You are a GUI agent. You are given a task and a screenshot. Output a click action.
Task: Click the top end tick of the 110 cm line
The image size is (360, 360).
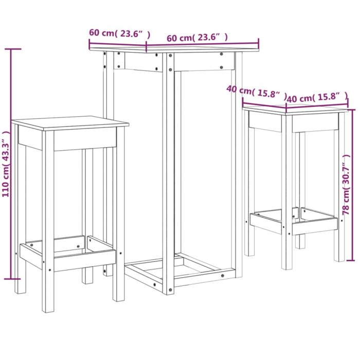click(x=12, y=49)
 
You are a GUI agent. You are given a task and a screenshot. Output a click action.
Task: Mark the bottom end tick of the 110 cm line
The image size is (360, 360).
click(x=12, y=279)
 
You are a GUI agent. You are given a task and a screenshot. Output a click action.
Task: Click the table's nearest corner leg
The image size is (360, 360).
click(x=168, y=175)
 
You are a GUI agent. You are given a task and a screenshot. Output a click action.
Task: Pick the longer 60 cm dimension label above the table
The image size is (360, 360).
click(x=197, y=38)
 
